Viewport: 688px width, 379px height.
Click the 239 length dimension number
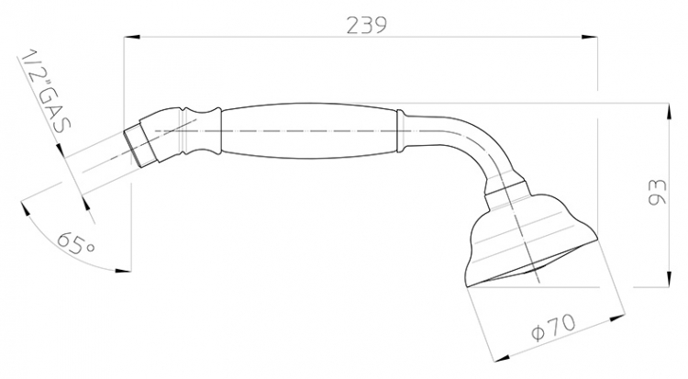[367, 25]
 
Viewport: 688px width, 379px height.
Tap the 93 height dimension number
[657, 192]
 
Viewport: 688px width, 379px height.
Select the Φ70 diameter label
[553, 328]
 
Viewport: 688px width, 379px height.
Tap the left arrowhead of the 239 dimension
[132, 38]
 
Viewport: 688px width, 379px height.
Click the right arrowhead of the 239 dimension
[589, 38]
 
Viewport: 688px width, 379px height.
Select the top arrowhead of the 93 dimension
[669, 112]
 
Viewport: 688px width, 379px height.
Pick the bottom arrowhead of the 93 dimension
[669, 279]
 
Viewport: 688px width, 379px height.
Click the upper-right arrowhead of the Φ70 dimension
[617, 317]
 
